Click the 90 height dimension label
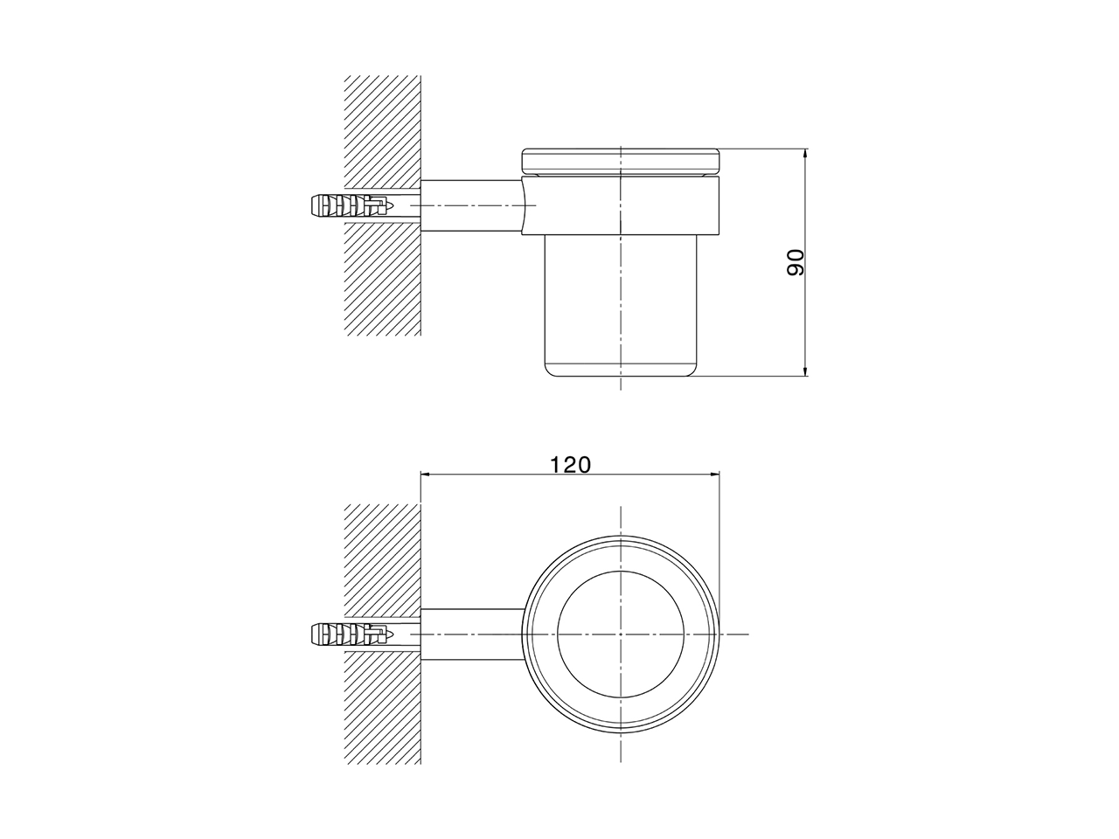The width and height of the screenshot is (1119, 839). click(795, 263)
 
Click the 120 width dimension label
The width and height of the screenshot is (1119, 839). click(570, 464)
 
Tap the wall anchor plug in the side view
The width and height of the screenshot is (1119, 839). click(350, 206)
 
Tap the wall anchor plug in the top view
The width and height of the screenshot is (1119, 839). click(350, 633)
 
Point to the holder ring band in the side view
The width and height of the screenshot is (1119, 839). click(620, 205)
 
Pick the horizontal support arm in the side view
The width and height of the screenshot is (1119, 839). click(472, 206)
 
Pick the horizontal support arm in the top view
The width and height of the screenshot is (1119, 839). click(472, 633)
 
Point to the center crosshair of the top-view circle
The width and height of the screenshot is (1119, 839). click(620, 633)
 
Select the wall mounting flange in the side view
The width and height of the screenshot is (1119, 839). click(422, 206)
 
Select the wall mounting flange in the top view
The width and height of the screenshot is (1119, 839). click(422, 633)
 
